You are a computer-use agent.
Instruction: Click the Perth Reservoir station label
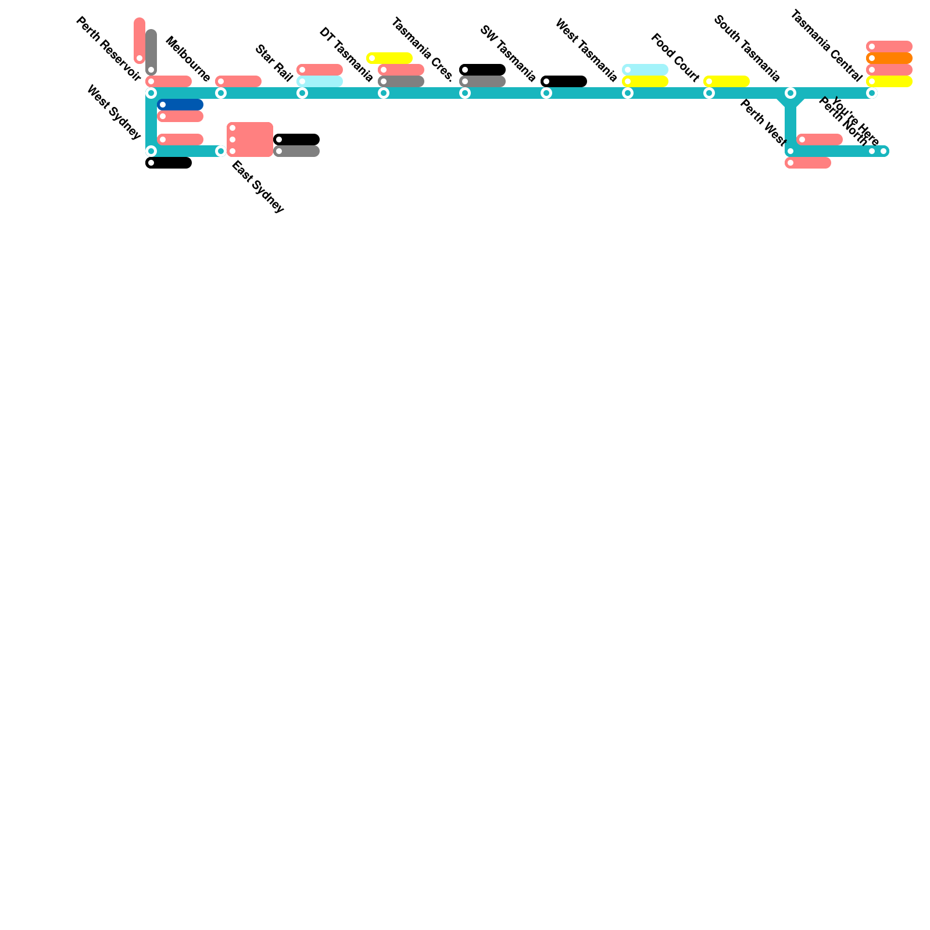[108, 50]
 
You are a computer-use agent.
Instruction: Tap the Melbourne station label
[188, 59]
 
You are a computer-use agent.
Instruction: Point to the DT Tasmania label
[346, 55]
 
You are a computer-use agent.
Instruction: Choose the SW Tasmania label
[507, 54]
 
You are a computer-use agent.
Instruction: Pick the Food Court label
[675, 58]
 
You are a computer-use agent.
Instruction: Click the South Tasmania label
[746, 49]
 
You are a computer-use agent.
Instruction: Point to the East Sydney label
[258, 187]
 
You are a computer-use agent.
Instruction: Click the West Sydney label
[114, 112]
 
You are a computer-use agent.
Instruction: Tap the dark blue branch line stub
[180, 105]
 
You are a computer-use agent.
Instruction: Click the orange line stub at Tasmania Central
[889, 58]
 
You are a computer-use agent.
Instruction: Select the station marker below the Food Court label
[709, 93]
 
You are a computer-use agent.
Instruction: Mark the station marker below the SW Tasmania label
[546, 93]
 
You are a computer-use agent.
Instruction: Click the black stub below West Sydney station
[169, 163]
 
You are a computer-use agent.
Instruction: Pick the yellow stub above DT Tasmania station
[389, 58]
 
